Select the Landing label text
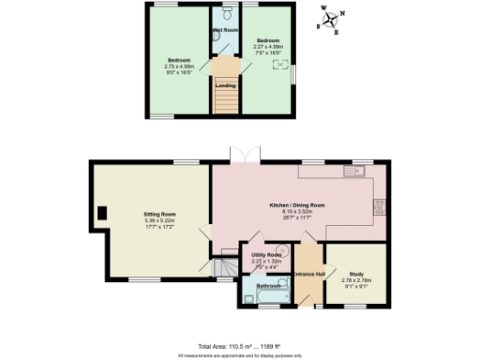[x=225, y=85]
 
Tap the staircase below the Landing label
[x=225, y=101]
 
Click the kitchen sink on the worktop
[x=353, y=172]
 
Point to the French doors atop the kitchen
[x=243, y=155]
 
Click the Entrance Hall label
[x=308, y=273]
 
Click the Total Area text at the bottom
[x=239, y=347]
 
